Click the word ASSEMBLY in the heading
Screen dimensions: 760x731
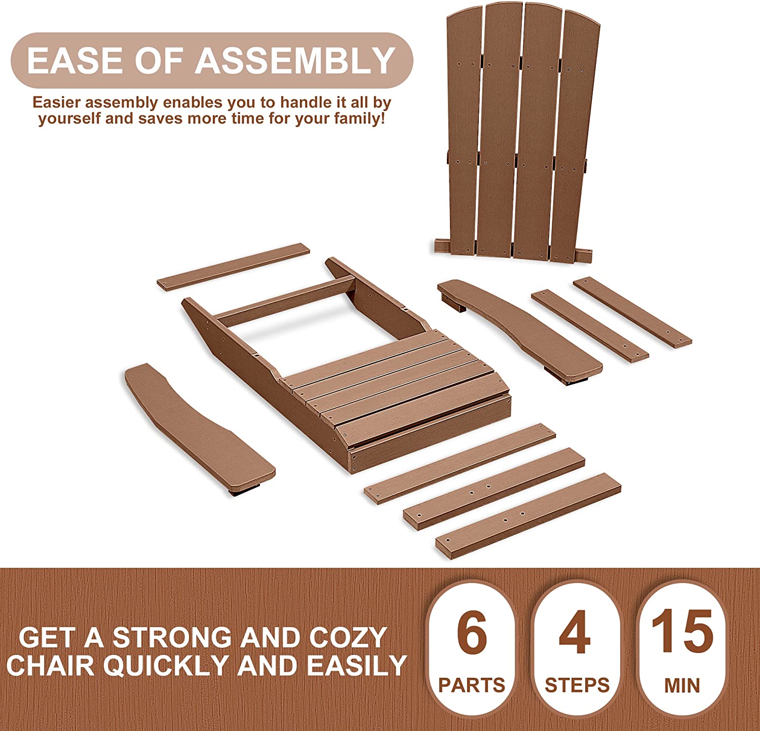[295, 60]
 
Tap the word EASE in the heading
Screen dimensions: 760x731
[75, 60]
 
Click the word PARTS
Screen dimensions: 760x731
[472, 685]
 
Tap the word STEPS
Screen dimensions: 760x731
[577, 685]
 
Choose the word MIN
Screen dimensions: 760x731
[682, 685]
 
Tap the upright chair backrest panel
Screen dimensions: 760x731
[517, 132]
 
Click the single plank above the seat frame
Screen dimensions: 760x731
[233, 267]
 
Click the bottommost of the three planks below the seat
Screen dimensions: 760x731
[528, 516]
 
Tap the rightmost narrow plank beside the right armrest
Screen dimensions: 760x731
[632, 312]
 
